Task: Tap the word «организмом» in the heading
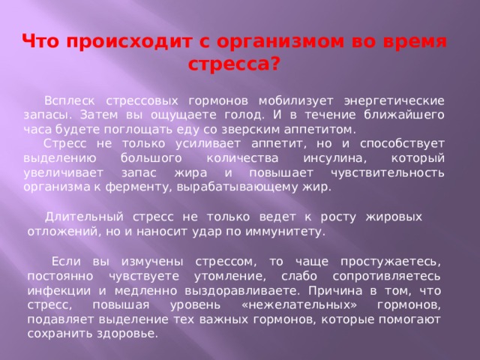tap(280, 42)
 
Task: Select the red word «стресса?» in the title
tap(234, 64)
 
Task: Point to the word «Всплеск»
tap(70, 100)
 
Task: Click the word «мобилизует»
tap(296, 100)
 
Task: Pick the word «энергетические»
tap(394, 101)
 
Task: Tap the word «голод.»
tap(244, 115)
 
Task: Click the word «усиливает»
tap(208, 143)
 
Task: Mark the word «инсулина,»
tap(335, 158)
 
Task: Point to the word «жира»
tap(190, 173)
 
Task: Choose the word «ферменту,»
tap(137, 187)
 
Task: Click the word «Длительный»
tap(84, 217)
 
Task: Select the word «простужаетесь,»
tap(391, 262)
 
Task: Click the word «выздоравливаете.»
tap(242, 291)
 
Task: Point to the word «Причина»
tap(335, 290)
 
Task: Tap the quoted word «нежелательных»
tap(299, 305)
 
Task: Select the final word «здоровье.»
tap(127, 334)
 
